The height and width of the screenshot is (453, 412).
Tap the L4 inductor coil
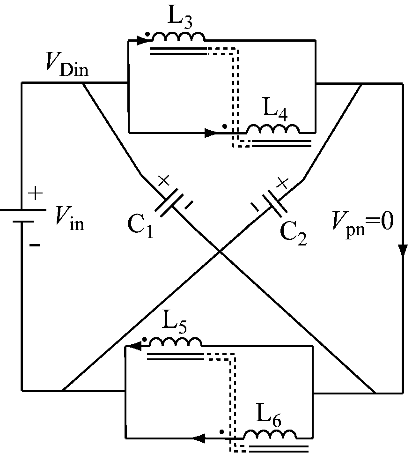point(272,128)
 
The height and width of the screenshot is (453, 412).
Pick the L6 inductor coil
point(271,434)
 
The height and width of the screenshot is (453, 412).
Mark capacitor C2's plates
point(270,202)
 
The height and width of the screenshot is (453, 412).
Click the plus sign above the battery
point(37,193)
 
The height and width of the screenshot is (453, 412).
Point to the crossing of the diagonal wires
point(220,252)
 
